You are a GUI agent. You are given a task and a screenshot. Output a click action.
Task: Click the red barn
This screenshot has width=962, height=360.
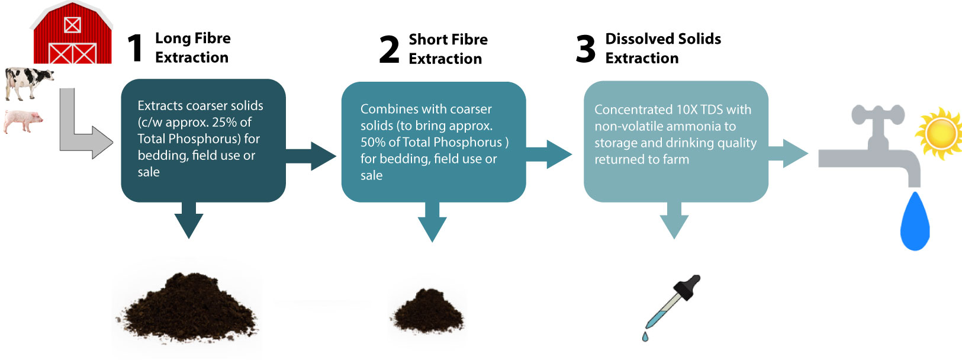point(72,34)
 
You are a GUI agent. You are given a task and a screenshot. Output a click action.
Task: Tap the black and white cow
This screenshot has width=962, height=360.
point(28,82)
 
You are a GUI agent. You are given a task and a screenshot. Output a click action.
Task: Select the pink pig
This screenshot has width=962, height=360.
point(24,120)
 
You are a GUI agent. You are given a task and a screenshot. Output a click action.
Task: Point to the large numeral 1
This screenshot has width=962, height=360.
point(136,48)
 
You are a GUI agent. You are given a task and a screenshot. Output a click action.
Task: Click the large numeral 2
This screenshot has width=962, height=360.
point(390,50)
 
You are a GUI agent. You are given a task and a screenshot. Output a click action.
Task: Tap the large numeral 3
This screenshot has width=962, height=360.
point(585,49)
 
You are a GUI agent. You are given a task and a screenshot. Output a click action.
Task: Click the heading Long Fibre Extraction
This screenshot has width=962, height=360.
point(192,48)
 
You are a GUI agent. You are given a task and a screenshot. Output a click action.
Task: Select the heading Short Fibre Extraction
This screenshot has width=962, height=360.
point(448,49)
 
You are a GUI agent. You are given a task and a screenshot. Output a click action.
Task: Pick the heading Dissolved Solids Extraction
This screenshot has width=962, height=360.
point(662,49)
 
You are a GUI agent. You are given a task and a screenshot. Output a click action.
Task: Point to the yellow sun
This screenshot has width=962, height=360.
point(940,133)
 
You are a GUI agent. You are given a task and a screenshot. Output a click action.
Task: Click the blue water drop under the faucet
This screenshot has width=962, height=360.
point(915,222)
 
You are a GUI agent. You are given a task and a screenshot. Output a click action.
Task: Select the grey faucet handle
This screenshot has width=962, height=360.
point(878,114)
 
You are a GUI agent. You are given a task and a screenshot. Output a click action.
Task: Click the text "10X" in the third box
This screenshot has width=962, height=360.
point(686,110)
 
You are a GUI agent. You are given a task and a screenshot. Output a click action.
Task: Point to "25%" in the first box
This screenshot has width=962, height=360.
point(224,122)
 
